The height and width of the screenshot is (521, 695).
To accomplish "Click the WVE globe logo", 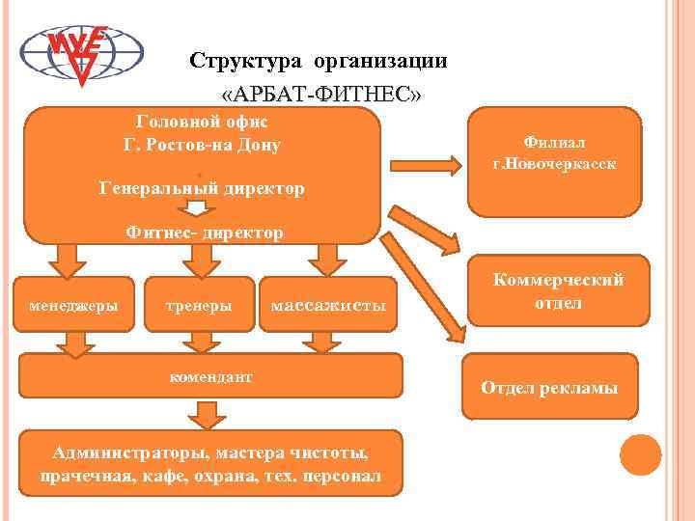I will [x=82, y=53].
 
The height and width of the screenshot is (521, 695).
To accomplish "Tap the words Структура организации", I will [x=319, y=61].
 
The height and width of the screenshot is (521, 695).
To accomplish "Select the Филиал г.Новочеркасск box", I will [x=554, y=160].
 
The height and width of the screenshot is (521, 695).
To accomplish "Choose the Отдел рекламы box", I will [x=549, y=388].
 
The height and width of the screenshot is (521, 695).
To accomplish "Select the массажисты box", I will [x=328, y=306].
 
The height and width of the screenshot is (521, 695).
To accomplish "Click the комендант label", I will [x=209, y=377].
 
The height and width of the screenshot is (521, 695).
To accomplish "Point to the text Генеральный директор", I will [x=203, y=188].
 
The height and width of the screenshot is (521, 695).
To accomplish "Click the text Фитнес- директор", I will [x=205, y=232].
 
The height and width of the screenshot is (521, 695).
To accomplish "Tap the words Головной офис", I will [x=203, y=123].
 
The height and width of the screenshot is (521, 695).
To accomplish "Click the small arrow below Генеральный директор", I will [x=198, y=209].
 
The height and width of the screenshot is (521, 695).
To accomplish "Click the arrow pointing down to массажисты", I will [x=328, y=259].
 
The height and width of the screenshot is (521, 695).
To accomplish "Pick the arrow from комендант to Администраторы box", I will [x=204, y=415].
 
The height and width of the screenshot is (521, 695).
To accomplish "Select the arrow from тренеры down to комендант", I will [x=199, y=341].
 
